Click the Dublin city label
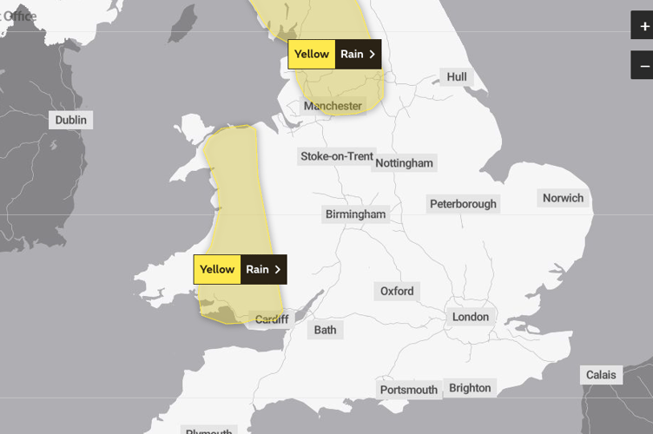click(x=71, y=121)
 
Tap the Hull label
click(x=456, y=77)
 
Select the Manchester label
click(x=333, y=106)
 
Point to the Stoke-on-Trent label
click(x=336, y=156)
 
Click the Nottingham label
click(x=404, y=162)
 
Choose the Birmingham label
click(x=355, y=214)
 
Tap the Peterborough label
click(x=463, y=204)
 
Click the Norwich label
click(x=563, y=198)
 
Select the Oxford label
click(x=397, y=291)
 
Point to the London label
click(x=471, y=317)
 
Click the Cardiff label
click(x=271, y=319)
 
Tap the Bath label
click(x=325, y=330)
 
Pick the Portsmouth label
click(x=408, y=390)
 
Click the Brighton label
click(x=470, y=388)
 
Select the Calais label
click(x=600, y=375)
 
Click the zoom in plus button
click(x=643, y=26)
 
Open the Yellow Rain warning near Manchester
click(x=334, y=54)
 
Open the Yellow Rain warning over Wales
click(x=240, y=269)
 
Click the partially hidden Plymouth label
click(x=208, y=431)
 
